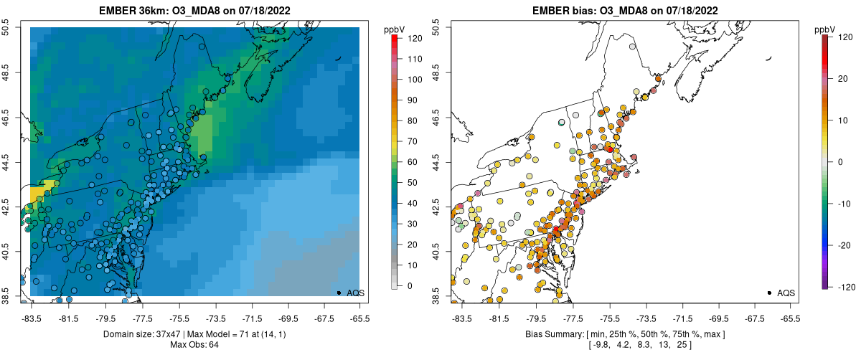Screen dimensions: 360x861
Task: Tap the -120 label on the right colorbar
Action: (844, 286)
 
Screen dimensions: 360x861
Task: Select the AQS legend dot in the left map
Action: (339, 293)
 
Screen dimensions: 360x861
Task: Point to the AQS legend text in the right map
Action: (786, 293)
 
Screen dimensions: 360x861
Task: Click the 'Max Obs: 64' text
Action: (194, 345)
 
